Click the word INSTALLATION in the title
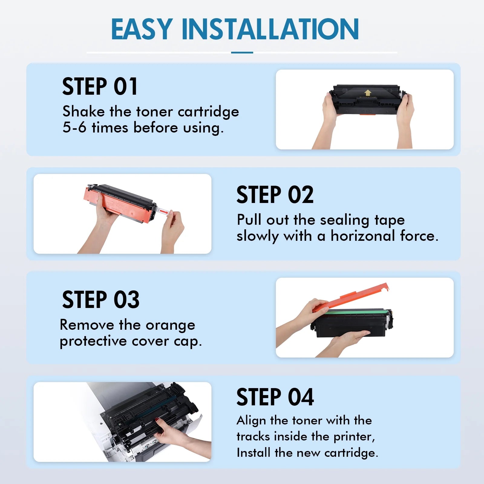(x=270, y=29)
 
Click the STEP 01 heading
(x=100, y=87)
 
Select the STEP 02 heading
(x=275, y=195)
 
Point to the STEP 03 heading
(x=101, y=299)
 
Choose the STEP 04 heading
(x=275, y=397)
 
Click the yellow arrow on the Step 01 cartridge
(x=368, y=93)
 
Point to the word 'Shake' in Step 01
(x=83, y=111)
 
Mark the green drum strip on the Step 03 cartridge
(x=357, y=311)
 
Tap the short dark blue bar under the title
(x=242, y=52)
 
